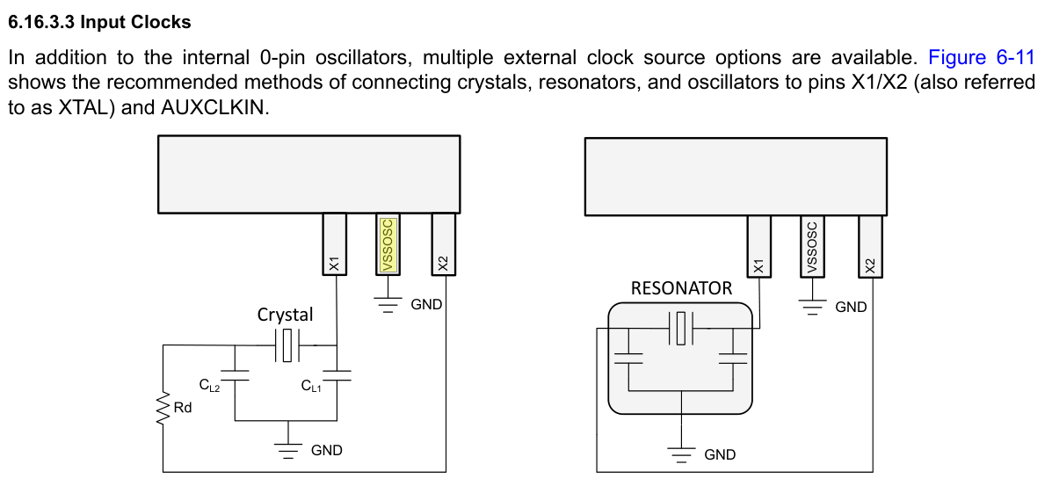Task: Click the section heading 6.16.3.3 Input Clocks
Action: (99, 22)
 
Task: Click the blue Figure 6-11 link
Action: (982, 58)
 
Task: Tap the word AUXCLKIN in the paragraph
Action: (214, 106)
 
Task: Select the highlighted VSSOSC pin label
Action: (386, 244)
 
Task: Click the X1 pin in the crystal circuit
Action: (334, 243)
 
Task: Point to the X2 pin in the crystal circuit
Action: (443, 243)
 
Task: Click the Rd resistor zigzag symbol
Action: (163, 408)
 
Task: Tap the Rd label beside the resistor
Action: (183, 407)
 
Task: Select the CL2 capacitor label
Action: (209, 385)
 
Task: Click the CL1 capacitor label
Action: (311, 385)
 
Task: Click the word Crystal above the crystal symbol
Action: (286, 314)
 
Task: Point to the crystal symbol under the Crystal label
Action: (287, 345)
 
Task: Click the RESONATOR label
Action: (682, 288)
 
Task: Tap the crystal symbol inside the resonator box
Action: (682, 329)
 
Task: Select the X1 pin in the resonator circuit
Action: (758, 244)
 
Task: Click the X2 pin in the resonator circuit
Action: (870, 244)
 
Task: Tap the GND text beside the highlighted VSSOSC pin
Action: (427, 304)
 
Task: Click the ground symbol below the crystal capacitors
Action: (288, 449)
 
